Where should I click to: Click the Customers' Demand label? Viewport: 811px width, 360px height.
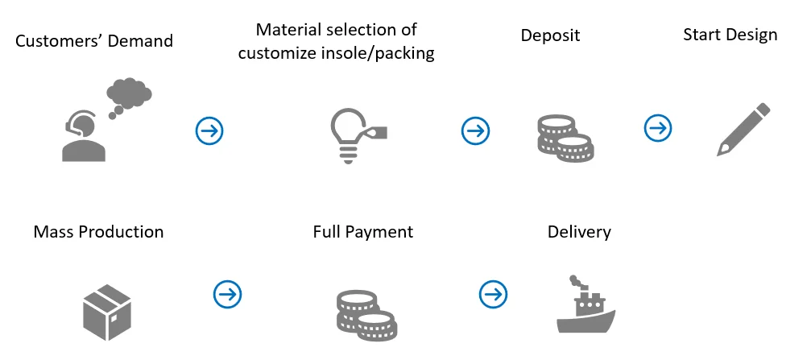tap(94, 40)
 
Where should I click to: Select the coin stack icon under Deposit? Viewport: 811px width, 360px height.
tap(565, 138)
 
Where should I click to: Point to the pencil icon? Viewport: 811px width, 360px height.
tap(743, 130)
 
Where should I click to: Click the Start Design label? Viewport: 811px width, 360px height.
tap(730, 35)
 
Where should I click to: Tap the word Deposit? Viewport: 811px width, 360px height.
tap(550, 35)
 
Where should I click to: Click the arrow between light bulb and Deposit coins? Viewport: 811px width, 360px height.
tap(475, 130)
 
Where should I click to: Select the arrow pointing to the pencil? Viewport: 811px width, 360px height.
tap(658, 128)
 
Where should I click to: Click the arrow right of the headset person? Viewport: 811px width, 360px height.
tap(209, 130)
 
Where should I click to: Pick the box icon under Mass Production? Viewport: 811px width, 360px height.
tap(107, 312)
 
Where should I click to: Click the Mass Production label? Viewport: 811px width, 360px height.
tap(98, 232)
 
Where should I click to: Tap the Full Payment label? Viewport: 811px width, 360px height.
tap(363, 232)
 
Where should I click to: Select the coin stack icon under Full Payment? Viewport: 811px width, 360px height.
tap(366, 314)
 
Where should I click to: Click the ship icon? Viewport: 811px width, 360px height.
tap(586, 304)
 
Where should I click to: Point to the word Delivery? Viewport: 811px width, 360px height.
tap(579, 232)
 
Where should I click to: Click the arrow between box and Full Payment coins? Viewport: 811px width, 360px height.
tap(228, 294)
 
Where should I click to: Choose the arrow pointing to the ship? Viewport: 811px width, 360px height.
tap(494, 294)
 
